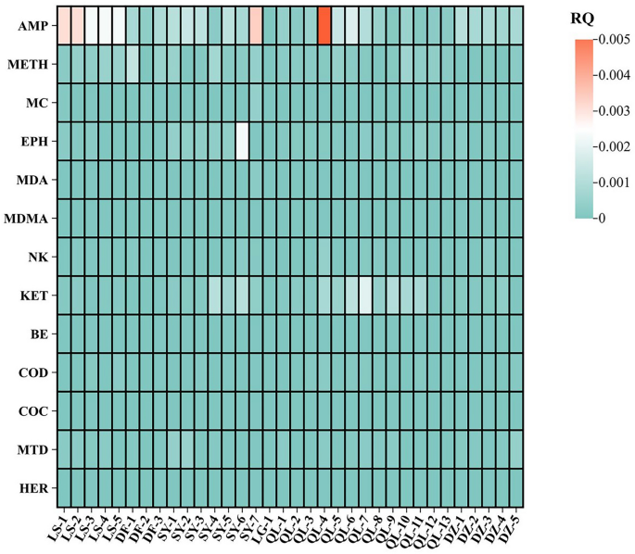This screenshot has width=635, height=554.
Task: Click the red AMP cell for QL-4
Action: point(324,24)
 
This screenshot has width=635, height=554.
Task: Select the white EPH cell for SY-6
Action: point(242,141)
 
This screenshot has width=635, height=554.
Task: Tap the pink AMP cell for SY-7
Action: point(256,24)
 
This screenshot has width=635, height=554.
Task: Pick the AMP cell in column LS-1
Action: point(64,24)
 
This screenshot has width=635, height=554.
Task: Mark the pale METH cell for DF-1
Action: point(133,63)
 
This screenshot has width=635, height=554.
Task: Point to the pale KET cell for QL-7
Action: point(365,296)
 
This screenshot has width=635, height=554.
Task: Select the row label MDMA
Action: point(30,219)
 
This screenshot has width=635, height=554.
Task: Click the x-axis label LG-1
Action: point(261,526)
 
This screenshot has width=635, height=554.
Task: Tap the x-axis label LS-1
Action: point(57,526)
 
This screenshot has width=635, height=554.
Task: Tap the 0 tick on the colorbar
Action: point(603,217)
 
